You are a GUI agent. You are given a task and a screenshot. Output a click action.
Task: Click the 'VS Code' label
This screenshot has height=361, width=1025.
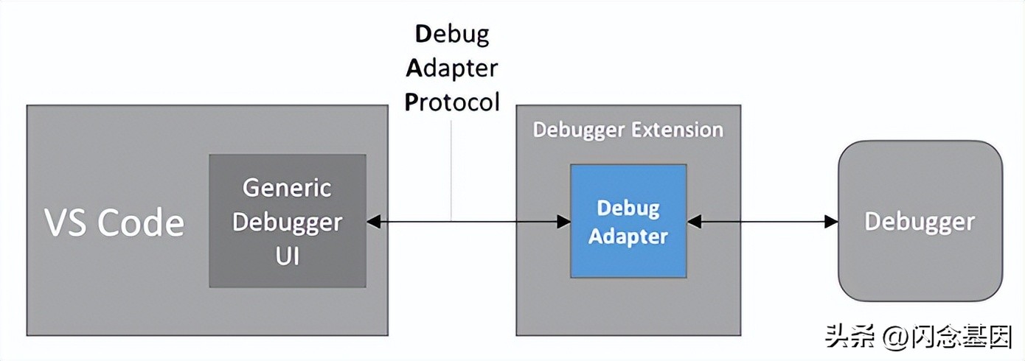point(114,222)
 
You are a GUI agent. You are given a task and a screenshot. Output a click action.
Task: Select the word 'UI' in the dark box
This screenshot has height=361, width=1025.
point(288,257)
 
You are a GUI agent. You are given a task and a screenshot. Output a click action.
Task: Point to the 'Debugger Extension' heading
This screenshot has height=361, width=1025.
point(628,130)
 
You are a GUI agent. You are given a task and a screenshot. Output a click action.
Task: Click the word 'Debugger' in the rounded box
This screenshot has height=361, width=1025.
point(920,221)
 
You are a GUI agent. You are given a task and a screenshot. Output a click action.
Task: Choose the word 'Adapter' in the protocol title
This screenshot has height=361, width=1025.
point(452,68)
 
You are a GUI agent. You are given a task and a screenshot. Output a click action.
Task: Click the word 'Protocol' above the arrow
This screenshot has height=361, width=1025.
point(452,101)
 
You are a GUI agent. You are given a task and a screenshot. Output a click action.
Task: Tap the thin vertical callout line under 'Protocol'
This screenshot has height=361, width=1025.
point(451,169)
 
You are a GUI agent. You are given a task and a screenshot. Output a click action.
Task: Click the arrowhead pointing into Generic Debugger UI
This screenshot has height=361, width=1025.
point(373,220)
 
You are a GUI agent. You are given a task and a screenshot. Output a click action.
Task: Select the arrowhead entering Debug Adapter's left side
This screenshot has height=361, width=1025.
point(564,220)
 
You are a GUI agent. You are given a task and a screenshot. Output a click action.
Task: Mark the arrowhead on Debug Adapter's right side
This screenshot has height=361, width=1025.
point(693,220)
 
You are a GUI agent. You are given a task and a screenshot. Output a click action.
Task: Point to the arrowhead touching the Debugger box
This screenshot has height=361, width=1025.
point(832,220)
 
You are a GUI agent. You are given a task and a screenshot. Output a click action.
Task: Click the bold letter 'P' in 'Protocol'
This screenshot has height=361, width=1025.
point(411,101)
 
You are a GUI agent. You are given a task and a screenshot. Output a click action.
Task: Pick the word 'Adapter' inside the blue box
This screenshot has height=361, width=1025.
point(628,236)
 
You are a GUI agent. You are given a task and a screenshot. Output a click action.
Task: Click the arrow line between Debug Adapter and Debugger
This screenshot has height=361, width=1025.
point(763,220)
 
